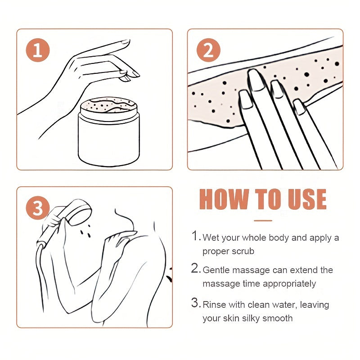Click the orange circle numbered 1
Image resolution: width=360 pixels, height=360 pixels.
[x=38, y=50]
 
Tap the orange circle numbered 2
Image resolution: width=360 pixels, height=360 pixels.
[x=208, y=50]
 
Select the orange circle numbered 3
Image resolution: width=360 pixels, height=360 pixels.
[x=38, y=208]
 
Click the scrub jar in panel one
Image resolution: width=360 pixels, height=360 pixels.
[x=108, y=131]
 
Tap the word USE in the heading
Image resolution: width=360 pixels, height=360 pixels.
[x=307, y=199]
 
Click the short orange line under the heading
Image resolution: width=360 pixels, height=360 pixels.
[x=263, y=220]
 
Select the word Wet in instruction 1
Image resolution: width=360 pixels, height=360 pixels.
[x=211, y=238]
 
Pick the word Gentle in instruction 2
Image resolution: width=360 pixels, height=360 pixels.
[x=216, y=270]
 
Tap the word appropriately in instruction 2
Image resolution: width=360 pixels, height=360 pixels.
[x=289, y=284]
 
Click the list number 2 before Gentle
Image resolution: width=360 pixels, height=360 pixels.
[x=195, y=268]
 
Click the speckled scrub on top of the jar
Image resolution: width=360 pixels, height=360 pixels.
[x=109, y=105]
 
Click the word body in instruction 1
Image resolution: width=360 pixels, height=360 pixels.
[x=279, y=238]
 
